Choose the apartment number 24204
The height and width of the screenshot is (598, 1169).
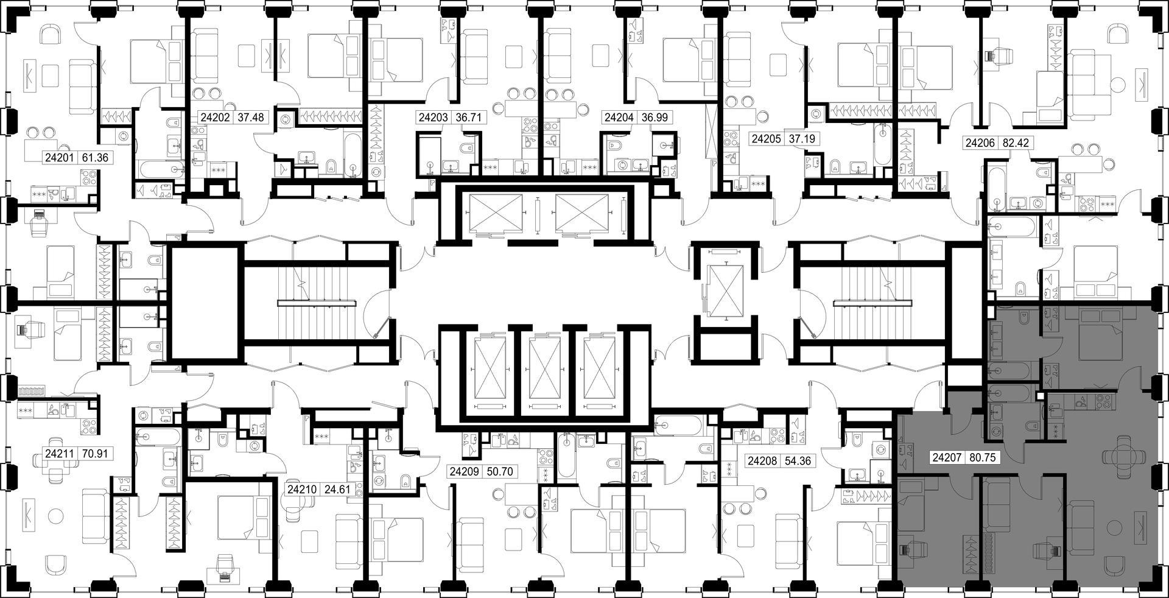618,118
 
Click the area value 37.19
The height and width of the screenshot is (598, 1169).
801,139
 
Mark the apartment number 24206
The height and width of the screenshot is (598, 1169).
980,144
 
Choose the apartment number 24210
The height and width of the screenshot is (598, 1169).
303,489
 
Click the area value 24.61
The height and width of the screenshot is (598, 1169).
337,489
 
